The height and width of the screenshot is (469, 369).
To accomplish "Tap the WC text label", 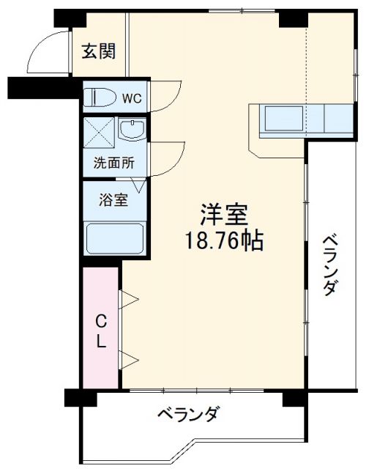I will tap(132, 97).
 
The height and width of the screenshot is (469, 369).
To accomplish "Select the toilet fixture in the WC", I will tap(98, 97).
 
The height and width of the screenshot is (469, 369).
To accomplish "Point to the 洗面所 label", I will tap(114, 163).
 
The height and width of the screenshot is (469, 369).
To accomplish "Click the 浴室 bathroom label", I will tap(114, 199).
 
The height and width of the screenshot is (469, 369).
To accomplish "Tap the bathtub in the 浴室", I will tap(115, 238).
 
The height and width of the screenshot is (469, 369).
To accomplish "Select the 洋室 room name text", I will tap(225, 215).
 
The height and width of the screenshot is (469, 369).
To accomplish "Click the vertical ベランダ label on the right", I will tap(330, 264).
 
